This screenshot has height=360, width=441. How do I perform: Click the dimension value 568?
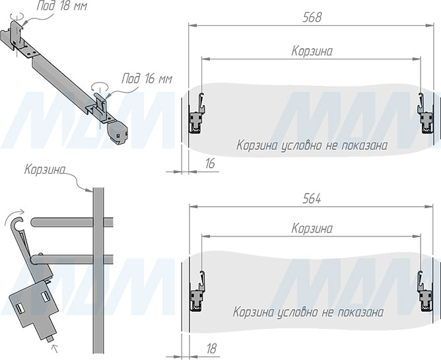pyautogui.click(x=312, y=17)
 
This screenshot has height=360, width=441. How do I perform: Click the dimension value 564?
pyautogui.click(x=312, y=199)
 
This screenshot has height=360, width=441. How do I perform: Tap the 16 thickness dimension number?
pyautogui.click(x=210, y=164)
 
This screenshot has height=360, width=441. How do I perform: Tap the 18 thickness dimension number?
pyautogui.click(x=211, y=349)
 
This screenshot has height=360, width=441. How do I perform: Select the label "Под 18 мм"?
pyautogui.click(x=61, y=6)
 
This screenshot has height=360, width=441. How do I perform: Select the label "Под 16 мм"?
pyautogui.click(x=147, y=79)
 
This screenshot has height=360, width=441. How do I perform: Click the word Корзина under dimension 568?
pyautogui.click(x=312, y=52)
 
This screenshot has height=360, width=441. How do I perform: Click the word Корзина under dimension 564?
pyautogui.click(x=312, y=229)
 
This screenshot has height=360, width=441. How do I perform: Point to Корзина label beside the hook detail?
pyautogui.click(x=45, y=170)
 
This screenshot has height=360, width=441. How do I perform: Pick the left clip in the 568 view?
pyautogui.click(x=197, y=114)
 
